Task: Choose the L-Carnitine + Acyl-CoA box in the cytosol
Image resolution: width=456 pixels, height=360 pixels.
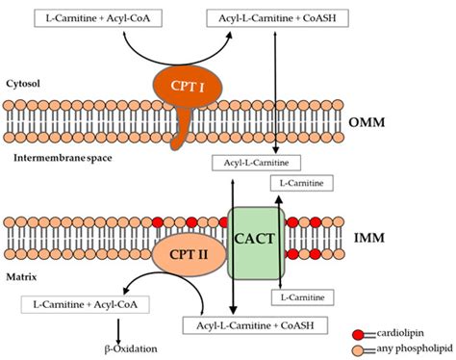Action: point(86,17)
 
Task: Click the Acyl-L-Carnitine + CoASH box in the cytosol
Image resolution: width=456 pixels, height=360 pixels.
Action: point(278,17)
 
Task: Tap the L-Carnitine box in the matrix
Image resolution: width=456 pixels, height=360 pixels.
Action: point(307,296)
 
